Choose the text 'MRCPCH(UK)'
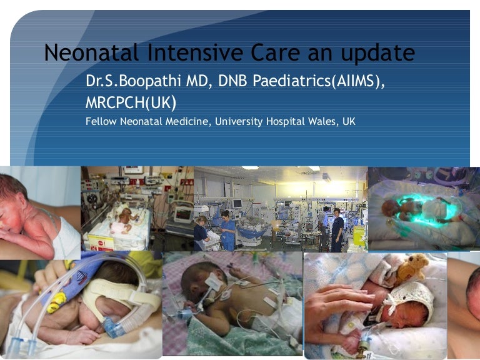131,102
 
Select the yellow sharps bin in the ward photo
359,236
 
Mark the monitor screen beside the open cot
182,213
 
